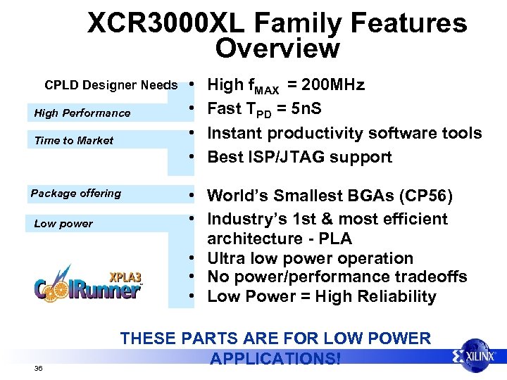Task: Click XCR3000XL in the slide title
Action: pos(166,23)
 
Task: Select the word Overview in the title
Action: pos(277,49)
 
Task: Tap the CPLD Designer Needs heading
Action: pos(111,85)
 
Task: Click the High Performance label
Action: pos(82,113)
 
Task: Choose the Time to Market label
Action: pos(73,140)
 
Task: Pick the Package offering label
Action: pos(75,193)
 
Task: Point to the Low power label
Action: pos(63,223)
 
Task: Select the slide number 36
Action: pos(38,368)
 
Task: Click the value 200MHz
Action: pos(332,85)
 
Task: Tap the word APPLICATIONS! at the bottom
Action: pos(275,358)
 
